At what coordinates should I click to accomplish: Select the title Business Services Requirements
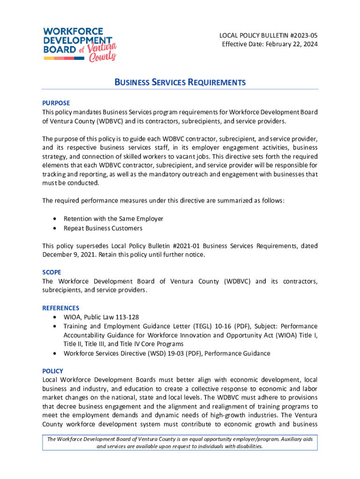click(x=180, y=83)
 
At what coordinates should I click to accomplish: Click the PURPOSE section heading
click(x=56, y=103)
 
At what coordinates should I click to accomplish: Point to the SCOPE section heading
click(x=51, y=272)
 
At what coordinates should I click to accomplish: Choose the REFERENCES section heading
click(x=61, y=308)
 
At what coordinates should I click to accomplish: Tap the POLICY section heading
click(x=52, y=371)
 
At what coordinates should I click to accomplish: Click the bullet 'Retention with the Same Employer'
click(x=113, y=218)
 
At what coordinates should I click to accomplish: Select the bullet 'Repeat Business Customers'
click(x=103, y=228)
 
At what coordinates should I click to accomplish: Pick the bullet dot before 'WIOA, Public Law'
click(x=56, y=317)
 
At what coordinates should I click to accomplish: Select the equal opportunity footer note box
click(x=180, y=443)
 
